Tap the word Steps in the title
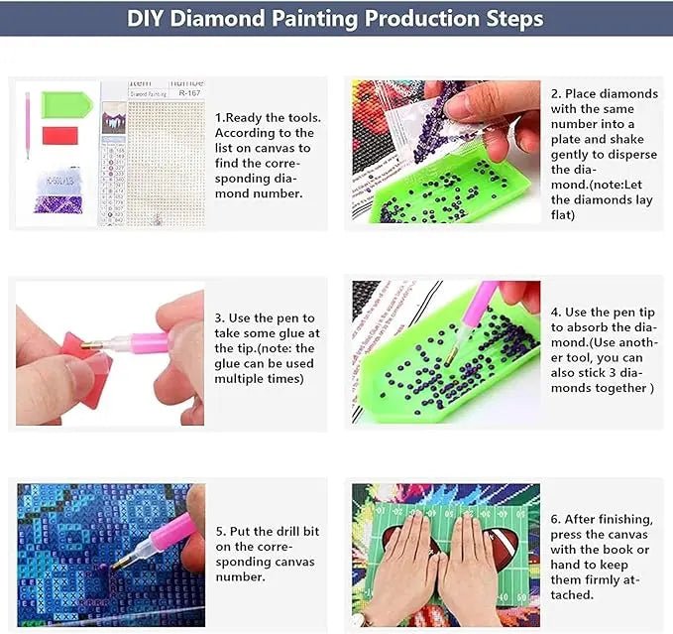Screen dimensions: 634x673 (x=509, y=19)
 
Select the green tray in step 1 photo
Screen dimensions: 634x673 (x=65, y=101)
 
